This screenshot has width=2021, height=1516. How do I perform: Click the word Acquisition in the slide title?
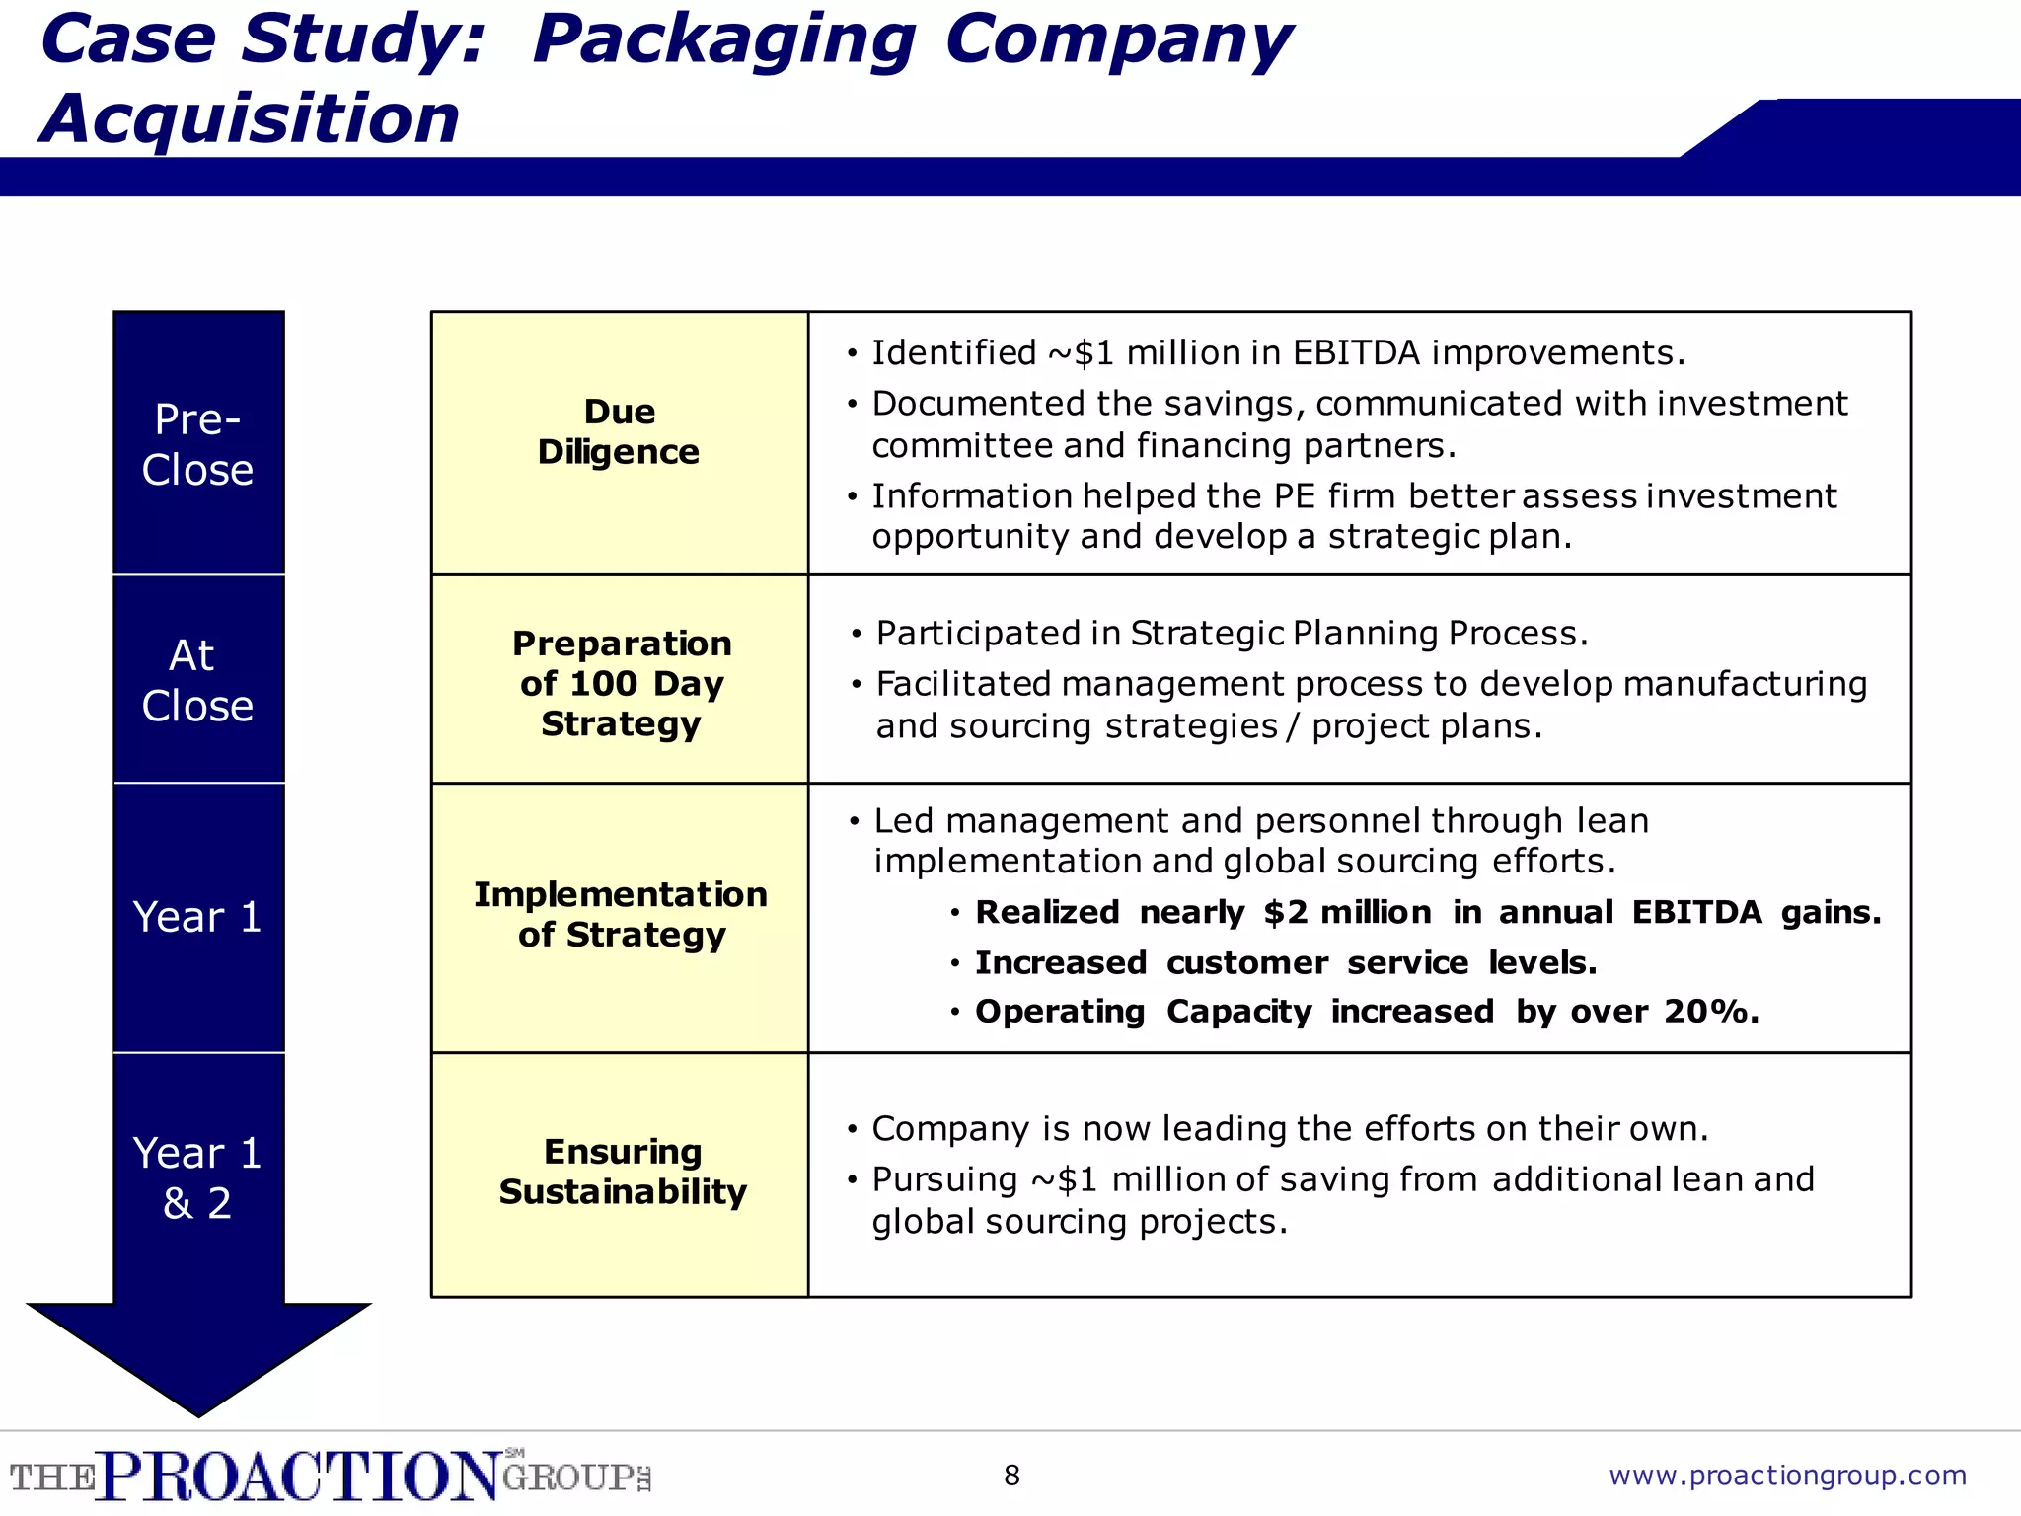(250, 119)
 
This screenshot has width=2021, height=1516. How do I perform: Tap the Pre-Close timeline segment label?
(197, 445)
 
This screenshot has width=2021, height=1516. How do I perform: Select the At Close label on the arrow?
(197, 680)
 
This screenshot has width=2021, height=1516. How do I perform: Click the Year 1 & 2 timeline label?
(197, 1177)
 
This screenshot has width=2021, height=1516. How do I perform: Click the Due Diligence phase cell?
(619, 432)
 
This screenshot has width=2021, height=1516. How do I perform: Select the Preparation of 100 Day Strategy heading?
(621, 683)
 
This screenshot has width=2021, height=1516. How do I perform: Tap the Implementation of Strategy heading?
(621, 914)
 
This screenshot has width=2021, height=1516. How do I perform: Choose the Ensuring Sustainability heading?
(622, 1172)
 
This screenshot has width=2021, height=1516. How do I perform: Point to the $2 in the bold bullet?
(1285, 913)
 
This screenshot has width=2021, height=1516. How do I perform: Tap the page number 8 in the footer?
(1011, 1476)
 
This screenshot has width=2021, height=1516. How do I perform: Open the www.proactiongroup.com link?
(1787, 1476)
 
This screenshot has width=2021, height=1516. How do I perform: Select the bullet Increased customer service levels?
(1285, 963)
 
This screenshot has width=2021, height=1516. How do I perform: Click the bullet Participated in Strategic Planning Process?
(1232, 634)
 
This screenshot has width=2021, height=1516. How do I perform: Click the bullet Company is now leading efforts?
(1289, 1129)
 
